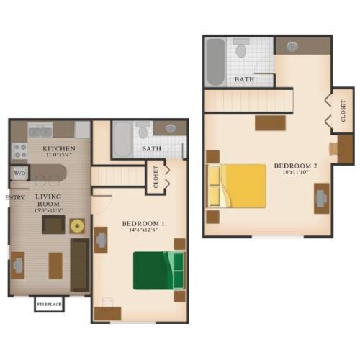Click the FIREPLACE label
tap(49, 304)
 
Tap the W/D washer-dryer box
tap(19, 173)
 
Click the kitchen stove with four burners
tap(19, 150)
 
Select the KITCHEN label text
tap(59, 148)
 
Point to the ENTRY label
tap(15, 197)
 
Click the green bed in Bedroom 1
tap(159, 271)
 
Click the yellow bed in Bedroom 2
tap(237, 186)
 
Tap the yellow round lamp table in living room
tap(77, 226)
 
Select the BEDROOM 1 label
tap(143, 224)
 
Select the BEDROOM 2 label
tap(295, 166)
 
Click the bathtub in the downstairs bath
tap(122, 140)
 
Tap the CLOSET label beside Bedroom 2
tap(343, 111)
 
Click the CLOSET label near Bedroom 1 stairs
tap(156, 176)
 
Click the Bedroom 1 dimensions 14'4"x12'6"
tap(143, 230)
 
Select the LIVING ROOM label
tap(48, 200)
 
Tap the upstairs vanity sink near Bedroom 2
tap(292, 46)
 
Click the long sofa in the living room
tap(80, 265)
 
